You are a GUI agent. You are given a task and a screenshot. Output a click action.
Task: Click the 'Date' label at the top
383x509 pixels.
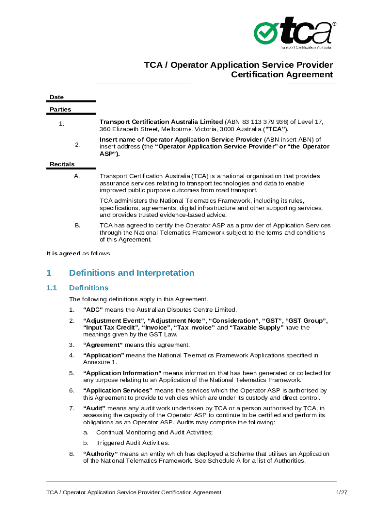coord(57,97)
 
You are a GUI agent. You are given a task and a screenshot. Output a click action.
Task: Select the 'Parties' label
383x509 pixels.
coord(60,109)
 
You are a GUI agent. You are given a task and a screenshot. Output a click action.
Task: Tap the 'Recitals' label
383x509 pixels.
coord(62,164)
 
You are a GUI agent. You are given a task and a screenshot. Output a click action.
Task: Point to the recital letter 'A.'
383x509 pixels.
coord(77,176)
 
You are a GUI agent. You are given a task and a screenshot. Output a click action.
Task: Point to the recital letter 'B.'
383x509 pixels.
coord(77,226)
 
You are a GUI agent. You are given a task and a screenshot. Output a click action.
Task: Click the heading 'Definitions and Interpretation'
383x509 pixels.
coord(132,273)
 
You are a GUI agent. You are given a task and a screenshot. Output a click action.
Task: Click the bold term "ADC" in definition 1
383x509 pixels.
coord(93,310)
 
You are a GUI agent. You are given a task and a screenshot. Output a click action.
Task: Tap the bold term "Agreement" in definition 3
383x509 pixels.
coord(102,345)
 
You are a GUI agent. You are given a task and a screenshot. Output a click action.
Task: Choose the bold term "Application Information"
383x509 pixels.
coord(122,373)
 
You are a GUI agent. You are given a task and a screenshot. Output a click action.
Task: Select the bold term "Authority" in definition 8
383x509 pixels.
coord(100,454)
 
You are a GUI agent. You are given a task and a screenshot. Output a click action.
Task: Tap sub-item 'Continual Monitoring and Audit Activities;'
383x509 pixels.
coord(155,432)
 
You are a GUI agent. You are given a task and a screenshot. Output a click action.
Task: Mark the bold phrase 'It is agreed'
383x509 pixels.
coord(63,254)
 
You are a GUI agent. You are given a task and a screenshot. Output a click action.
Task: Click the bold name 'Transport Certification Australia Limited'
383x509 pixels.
coord(161,122)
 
